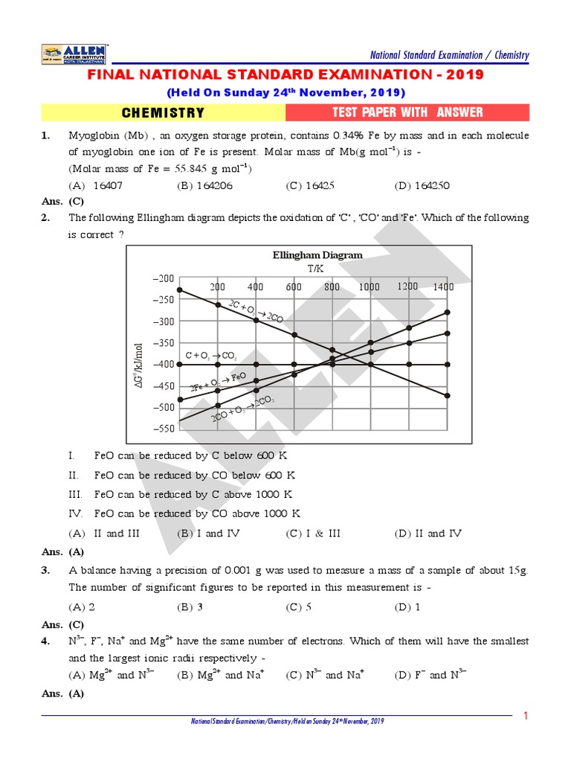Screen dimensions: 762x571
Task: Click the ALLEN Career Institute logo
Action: (x=75, y=54)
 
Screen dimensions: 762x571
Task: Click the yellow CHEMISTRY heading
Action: (x=163, y=113)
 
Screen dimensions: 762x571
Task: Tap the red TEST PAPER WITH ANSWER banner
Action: (x=407, y=112)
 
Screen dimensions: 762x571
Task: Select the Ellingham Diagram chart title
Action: (x=317, y=255)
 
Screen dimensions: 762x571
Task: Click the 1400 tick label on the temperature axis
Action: (x=443, y=286)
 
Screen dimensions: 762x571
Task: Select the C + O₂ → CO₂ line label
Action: (x=211, y=356)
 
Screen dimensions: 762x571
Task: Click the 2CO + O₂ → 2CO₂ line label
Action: (x=242, y=410)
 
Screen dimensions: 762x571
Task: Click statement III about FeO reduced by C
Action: (x=193, y=494)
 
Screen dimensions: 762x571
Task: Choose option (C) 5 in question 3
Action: (x=298, y=606)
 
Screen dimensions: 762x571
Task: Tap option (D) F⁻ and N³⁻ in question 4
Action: (x=430, y=675)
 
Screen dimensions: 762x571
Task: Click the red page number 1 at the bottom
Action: (x=525, y=716)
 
